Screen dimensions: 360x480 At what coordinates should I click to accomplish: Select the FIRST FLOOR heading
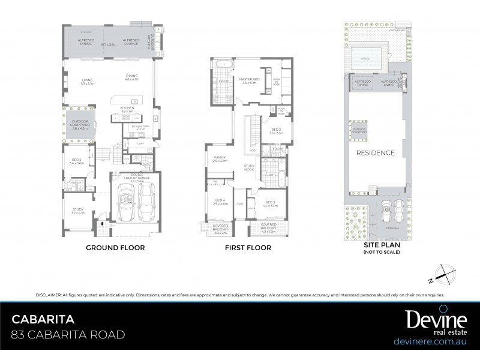[247, 247]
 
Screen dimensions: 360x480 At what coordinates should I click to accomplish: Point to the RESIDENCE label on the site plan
[376, 152]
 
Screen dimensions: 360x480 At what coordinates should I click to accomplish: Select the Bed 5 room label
[76, 161]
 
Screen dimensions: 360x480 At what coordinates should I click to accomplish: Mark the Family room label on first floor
[220, 158]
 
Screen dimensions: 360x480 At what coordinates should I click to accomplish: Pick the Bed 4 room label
[220, 202]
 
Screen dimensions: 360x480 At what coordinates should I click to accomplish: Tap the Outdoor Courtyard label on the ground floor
[79, 125]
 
